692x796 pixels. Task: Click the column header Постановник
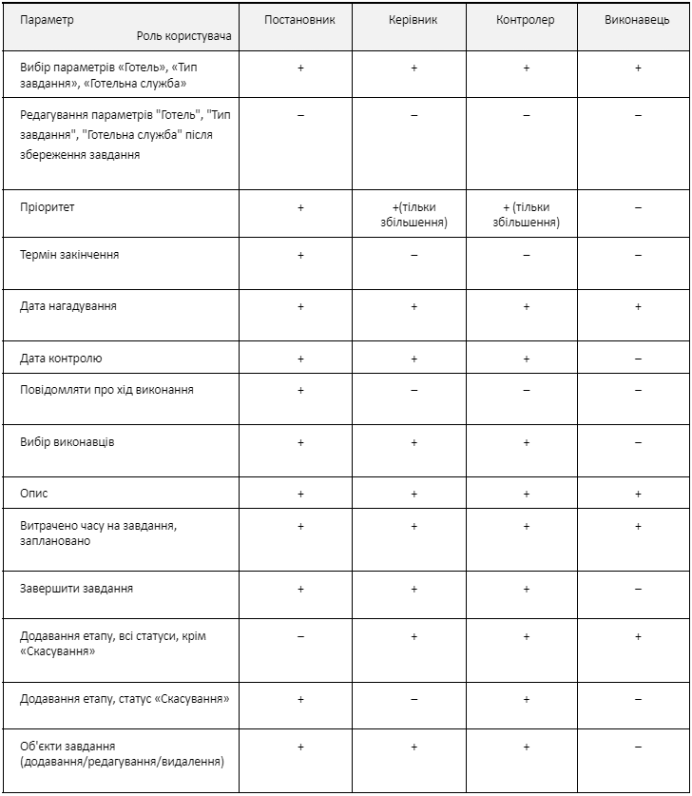point(300,20)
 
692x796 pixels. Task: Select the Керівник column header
point(413,20)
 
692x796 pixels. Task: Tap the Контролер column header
point(526,20)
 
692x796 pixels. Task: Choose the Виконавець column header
point(637,20)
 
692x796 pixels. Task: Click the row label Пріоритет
point(47,207)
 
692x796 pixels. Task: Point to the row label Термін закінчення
point(69,255)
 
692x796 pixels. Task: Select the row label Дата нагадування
point(68,307)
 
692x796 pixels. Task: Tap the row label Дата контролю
point(61,359)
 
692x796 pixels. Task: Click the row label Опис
point(33,494)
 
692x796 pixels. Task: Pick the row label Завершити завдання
point(77,589)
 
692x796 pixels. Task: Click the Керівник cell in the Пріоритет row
point(414,215)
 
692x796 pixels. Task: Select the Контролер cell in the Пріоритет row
point(526,215)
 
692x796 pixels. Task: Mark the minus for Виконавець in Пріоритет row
point(638,207)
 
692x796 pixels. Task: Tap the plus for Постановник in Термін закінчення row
point(300,255)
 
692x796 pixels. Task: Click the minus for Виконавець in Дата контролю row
point(638,359)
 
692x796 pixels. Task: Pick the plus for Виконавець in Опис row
point(638,494)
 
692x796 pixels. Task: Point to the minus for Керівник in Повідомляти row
point(414,390)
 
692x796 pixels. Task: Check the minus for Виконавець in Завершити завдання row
point(638,589)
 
